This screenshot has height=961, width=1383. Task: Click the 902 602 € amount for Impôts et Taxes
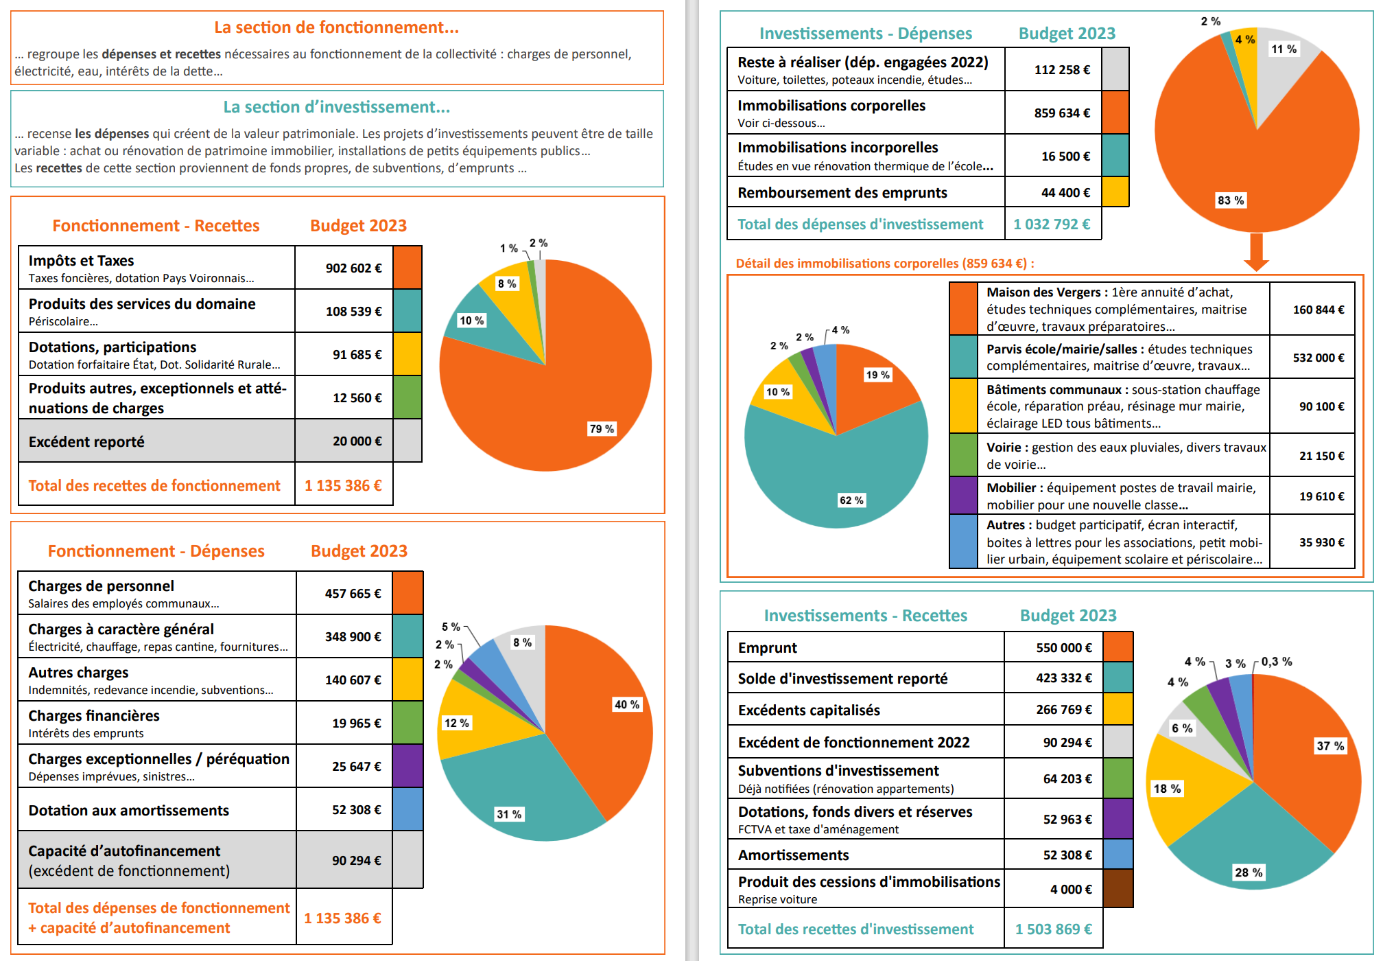tap(353, 268)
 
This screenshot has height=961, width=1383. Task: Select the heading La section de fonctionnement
tap(336, 27)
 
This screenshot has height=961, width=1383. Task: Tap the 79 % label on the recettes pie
tap(602, 429)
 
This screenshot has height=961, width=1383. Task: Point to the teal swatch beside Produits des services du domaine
tap(407, 311)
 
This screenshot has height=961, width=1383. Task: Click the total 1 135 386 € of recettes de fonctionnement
tap(343, 486)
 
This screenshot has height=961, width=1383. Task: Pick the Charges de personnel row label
tap(101, 586)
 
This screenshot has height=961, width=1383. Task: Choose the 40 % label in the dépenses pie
tap(626, 705)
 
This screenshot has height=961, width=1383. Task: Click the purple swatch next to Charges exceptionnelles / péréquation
tap(407, 766)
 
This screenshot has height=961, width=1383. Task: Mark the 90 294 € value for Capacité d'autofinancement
tap(356, 861)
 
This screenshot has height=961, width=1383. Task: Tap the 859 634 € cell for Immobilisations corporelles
tap(1062, 113)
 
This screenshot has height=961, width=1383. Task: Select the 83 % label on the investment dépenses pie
tap(1231, 200)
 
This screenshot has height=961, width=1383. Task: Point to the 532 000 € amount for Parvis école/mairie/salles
tap(1318, 358)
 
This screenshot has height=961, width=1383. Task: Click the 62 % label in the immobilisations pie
tap(851, 500)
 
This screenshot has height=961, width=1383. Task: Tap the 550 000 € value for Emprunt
tap(1063, 648)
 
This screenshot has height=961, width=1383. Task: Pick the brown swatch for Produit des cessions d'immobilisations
tap(1118, 889)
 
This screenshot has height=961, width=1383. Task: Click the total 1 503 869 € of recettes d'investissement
tap(1053, 929)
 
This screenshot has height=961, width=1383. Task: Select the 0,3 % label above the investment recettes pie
tap(1276, 662)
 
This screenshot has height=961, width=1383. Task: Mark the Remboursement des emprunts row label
tap(842, 193)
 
